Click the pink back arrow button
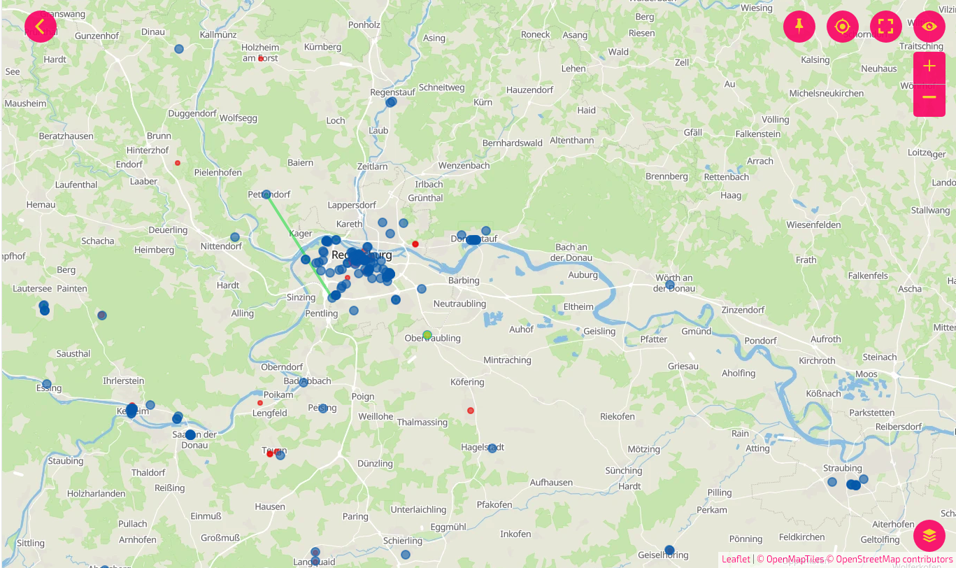(41, 27)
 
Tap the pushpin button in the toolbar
(799, 27)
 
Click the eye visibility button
(929, 27)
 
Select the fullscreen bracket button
(885, 27)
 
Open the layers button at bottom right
(929, 536)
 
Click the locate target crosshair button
(842, 27)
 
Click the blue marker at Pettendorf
(266, 194)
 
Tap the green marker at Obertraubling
(427, 335)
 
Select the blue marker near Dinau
(179, 49)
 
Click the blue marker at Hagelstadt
(492, 448)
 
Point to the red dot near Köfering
(471, 411)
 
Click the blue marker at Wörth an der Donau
(670, 285)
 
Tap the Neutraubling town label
(459, 304)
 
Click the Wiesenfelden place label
(813, 225)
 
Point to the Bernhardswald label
(513, 143)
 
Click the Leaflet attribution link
(736, 560)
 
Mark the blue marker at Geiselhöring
(669, 550)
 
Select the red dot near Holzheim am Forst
(261, 59)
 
